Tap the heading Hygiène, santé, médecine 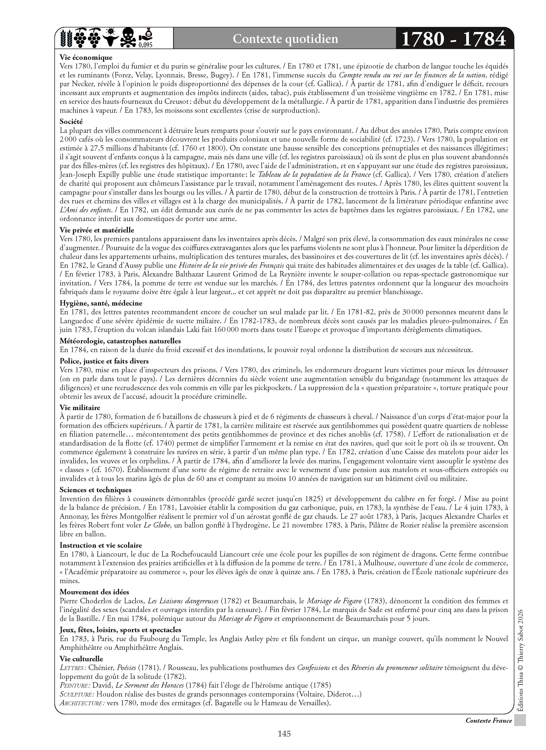(x=101, y=303)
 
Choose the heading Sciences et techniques (x=96, y=490)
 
